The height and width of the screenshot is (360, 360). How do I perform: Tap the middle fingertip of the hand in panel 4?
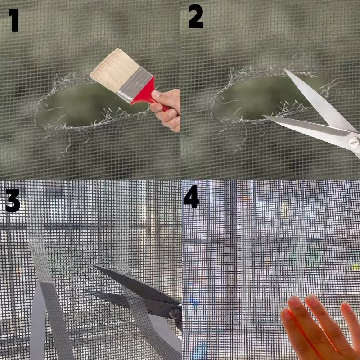tap(313, 301)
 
